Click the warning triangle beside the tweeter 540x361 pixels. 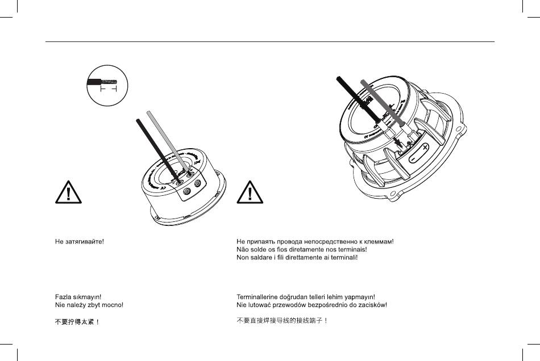click(69, 193)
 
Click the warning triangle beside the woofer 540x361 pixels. click(250, 193)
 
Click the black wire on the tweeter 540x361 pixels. click(153, 145)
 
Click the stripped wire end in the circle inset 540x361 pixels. click(110, 82)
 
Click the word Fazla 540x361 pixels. click(63, 297)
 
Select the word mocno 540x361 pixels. click(113, 305)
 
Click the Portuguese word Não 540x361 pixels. click(243, 249)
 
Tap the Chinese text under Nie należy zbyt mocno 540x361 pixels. click(77, 321)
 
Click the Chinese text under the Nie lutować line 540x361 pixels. click(281, 321)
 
